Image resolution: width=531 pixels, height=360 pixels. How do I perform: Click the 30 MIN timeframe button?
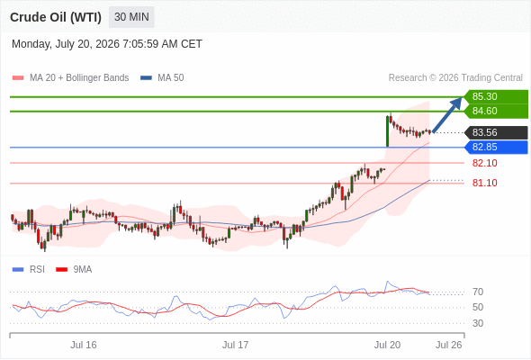131,17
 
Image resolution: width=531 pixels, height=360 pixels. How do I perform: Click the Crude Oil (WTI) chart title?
56,17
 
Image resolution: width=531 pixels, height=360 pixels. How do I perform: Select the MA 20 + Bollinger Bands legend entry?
70,78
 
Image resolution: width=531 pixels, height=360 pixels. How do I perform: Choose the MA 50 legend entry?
162,78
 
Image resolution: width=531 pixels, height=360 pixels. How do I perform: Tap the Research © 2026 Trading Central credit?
455,78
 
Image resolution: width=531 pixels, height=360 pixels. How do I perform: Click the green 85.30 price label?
496,96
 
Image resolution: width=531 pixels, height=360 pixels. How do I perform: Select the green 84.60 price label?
496,111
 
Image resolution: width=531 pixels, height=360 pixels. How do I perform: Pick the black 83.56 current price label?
496,132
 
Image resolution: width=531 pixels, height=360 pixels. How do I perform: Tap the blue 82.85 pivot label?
496,147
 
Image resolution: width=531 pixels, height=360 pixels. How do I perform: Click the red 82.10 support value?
484,163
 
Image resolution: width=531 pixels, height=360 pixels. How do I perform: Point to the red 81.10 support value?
484,183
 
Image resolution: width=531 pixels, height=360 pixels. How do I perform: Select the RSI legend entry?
29,270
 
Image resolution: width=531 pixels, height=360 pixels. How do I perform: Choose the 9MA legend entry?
74,270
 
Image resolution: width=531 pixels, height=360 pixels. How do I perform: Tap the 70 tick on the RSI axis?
478,292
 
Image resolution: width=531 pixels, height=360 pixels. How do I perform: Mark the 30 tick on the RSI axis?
478,323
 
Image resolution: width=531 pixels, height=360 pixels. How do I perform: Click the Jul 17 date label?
236,345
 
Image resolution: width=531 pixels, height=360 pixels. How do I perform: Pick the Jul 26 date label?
449,345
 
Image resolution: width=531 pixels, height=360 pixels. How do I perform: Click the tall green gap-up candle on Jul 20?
387,131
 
